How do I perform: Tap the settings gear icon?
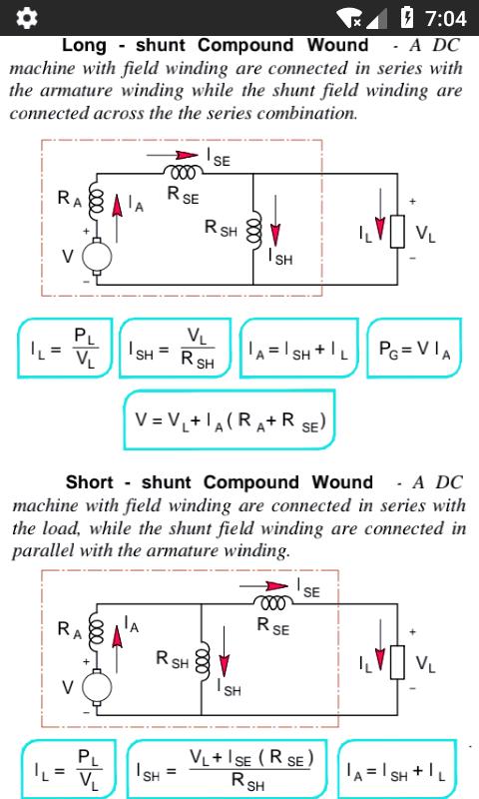click(27, 18)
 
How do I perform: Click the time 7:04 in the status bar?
click(446, 18)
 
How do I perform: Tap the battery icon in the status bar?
click(407, 17)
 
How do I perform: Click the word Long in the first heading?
click(84, 45)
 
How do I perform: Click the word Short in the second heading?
click(90, 482)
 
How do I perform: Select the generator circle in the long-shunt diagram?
click(97, 256)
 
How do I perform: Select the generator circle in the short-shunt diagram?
click(97, 686)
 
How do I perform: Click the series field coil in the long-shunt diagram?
click(184, 173)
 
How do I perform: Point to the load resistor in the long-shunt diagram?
click(397, 232)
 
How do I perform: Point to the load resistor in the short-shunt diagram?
click(397, 662)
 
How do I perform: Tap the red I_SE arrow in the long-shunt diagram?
click(172, 155)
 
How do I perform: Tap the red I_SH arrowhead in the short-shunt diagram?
click(224, 665)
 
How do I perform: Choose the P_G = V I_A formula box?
click(414, 348)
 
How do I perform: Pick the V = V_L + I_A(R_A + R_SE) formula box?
click(230, 419)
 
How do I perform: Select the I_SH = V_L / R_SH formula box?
click(175, 348)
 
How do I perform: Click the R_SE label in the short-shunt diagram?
click(273, 626)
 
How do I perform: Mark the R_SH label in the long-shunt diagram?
click(221, 228)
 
